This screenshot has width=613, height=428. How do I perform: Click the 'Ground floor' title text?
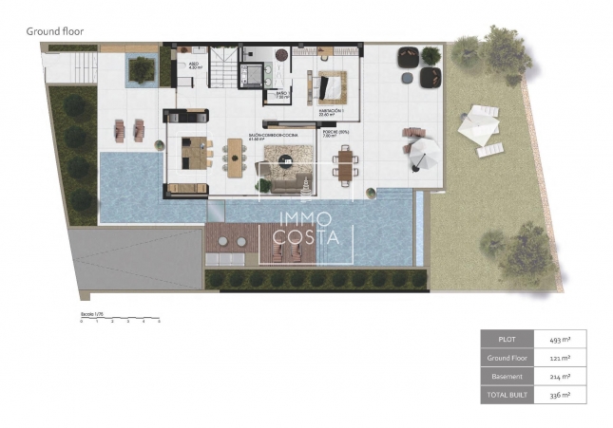54,31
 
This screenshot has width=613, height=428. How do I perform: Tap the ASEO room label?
195,66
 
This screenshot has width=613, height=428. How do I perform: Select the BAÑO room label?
281,95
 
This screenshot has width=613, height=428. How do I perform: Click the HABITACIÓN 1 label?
330,112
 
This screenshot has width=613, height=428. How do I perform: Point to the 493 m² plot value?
561,338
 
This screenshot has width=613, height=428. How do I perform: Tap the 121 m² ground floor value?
561,358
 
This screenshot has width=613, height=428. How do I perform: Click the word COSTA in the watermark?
306,237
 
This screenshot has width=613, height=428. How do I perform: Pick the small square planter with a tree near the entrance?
142,68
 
